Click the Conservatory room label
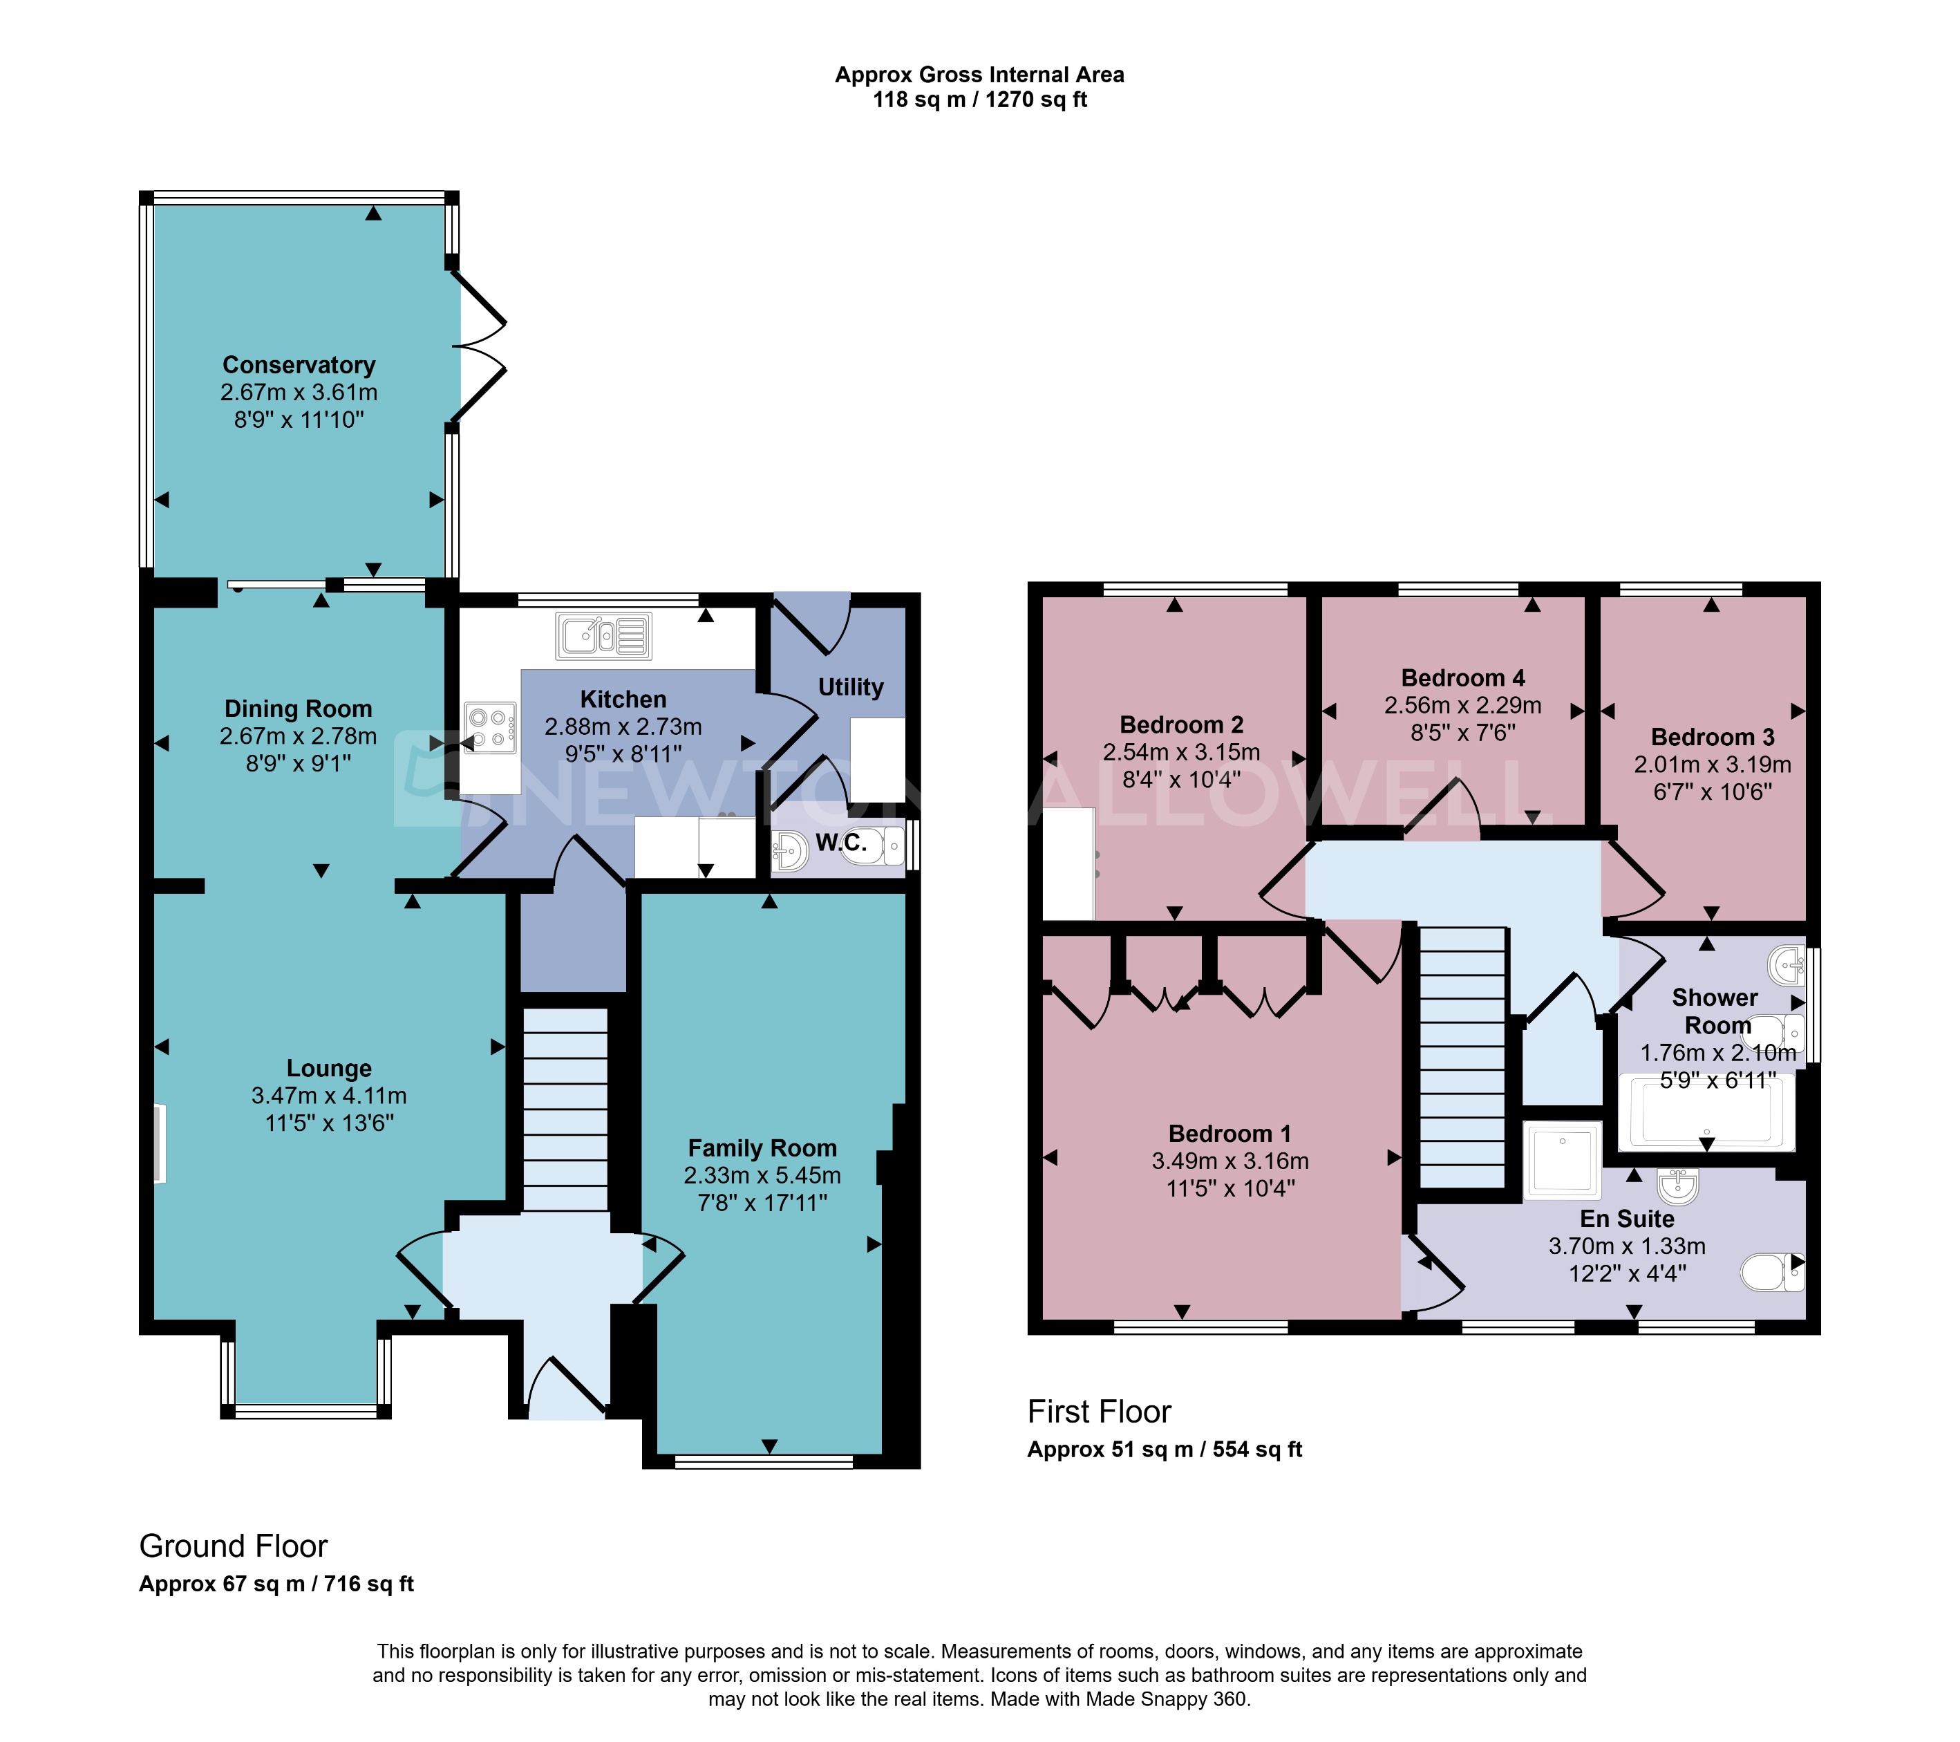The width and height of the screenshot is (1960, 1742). [x=299, y=366]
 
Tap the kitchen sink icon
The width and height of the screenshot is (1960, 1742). [x=603, y=636]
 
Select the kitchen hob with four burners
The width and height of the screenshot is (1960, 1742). [x=491, y=728]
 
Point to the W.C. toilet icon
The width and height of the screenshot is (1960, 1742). [x=874, y=846]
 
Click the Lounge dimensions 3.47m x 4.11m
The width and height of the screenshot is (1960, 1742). [x=328, y=1096]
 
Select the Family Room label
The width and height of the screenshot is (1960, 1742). [x=762, y=1148]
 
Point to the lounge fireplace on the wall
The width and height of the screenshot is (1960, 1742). [x=159, y=1143]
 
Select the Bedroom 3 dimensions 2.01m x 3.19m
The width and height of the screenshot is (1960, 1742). [x=1712, y=765]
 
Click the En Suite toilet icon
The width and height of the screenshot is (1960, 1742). [x=1770, y=1273]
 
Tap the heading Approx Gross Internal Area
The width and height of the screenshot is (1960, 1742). [x=979, y=75]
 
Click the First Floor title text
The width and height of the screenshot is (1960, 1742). [x=1099, y=1412]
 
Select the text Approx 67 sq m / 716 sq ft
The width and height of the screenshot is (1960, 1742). [x=276, y=1584]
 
